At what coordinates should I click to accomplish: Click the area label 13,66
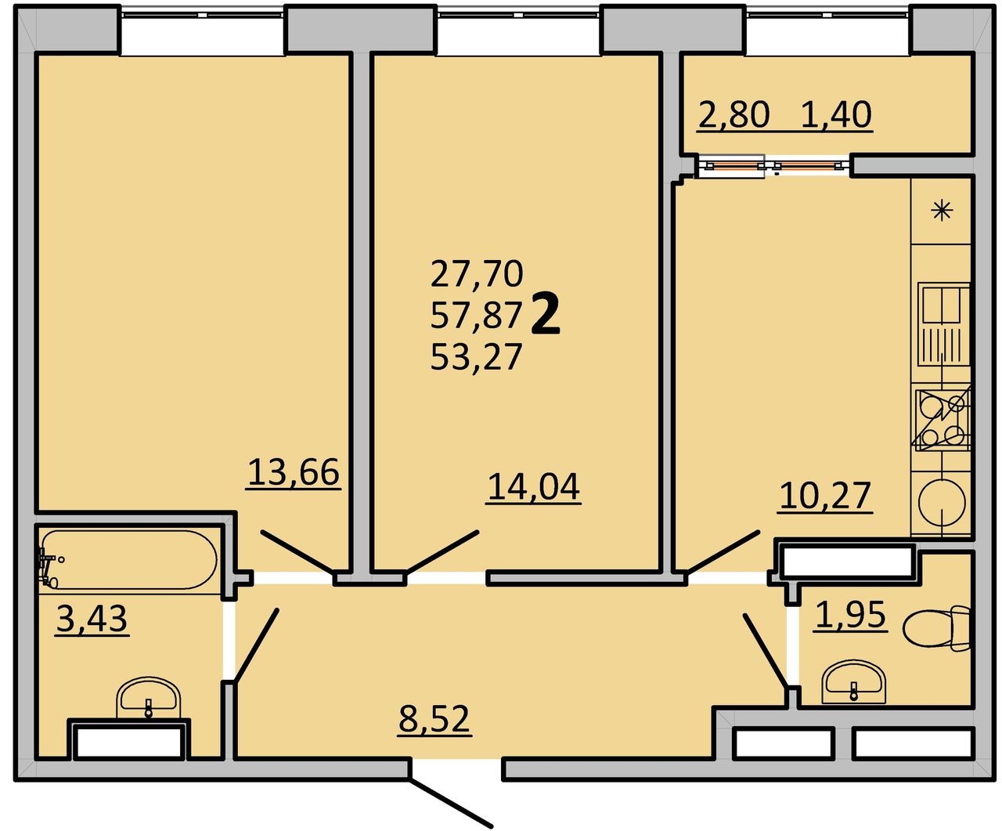pos(294,472)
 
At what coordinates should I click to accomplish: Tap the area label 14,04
pos(534,487)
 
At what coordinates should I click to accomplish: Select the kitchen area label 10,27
pos(825,496)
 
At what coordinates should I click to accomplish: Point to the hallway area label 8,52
pos(434,719)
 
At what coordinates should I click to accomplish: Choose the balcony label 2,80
pos(733,114)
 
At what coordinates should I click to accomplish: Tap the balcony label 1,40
pos(836,114)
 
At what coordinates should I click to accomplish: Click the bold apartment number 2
pos(546,314)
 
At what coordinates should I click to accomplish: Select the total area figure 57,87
pos(476,316)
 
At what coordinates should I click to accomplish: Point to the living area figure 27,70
pos(476,273)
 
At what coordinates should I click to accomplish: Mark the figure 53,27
pos(476,357)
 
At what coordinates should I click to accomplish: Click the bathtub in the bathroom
pos(128,560)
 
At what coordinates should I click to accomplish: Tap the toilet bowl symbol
pos(935,628)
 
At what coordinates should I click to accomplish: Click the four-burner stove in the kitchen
pos(943,421)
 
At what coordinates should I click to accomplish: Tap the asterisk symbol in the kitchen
pos(942,211)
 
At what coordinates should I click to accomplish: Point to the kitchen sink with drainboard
pos(944,324)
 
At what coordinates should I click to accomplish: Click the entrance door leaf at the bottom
pos(451,802)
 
